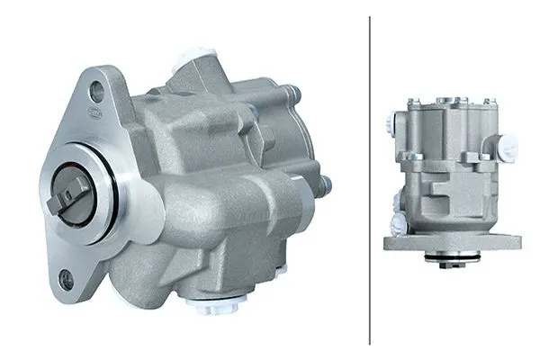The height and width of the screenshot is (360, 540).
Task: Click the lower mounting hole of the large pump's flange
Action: [65, 280]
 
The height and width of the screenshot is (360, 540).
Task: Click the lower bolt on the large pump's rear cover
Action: [325, 185]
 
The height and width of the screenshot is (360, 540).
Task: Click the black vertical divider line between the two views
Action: [370, 180]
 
